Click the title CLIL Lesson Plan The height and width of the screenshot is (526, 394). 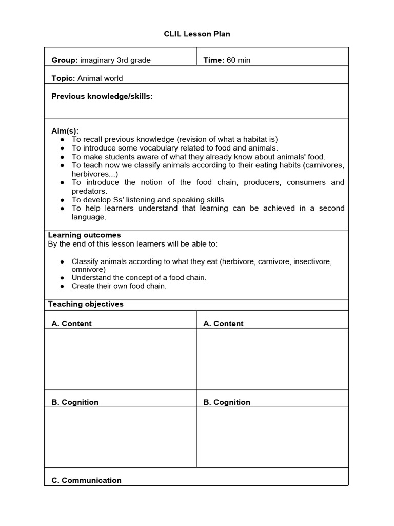tap(197, 34)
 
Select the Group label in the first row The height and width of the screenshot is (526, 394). tap(64, 60)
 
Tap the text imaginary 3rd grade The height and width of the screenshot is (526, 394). tap(115, 60)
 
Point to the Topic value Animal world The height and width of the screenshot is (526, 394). tap(100, 78)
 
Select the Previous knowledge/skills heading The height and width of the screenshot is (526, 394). tap(102, 96)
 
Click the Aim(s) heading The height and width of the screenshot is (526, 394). tap(65, 131)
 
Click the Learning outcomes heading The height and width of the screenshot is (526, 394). tap(84, 235)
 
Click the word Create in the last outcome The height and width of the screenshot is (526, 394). tap(83, 286)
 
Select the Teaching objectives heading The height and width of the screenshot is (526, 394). tap(86, 304)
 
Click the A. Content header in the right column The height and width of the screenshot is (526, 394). tap(223, 324)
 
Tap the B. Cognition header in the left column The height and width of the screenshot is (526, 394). tap(75, 402)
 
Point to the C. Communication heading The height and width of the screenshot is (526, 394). tap(87, 480)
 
